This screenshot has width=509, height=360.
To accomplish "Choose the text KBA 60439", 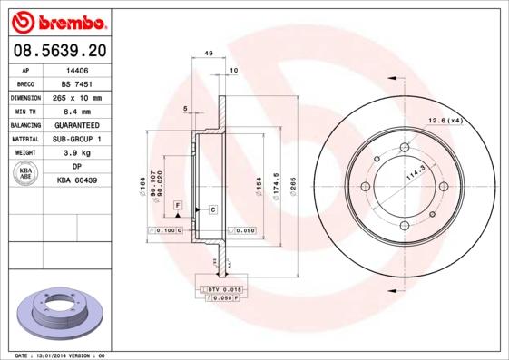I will [x=77, y=181].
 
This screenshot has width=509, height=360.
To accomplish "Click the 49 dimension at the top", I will [x=209, y=55].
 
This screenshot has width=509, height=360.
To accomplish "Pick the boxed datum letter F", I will [x=178, y=207].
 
